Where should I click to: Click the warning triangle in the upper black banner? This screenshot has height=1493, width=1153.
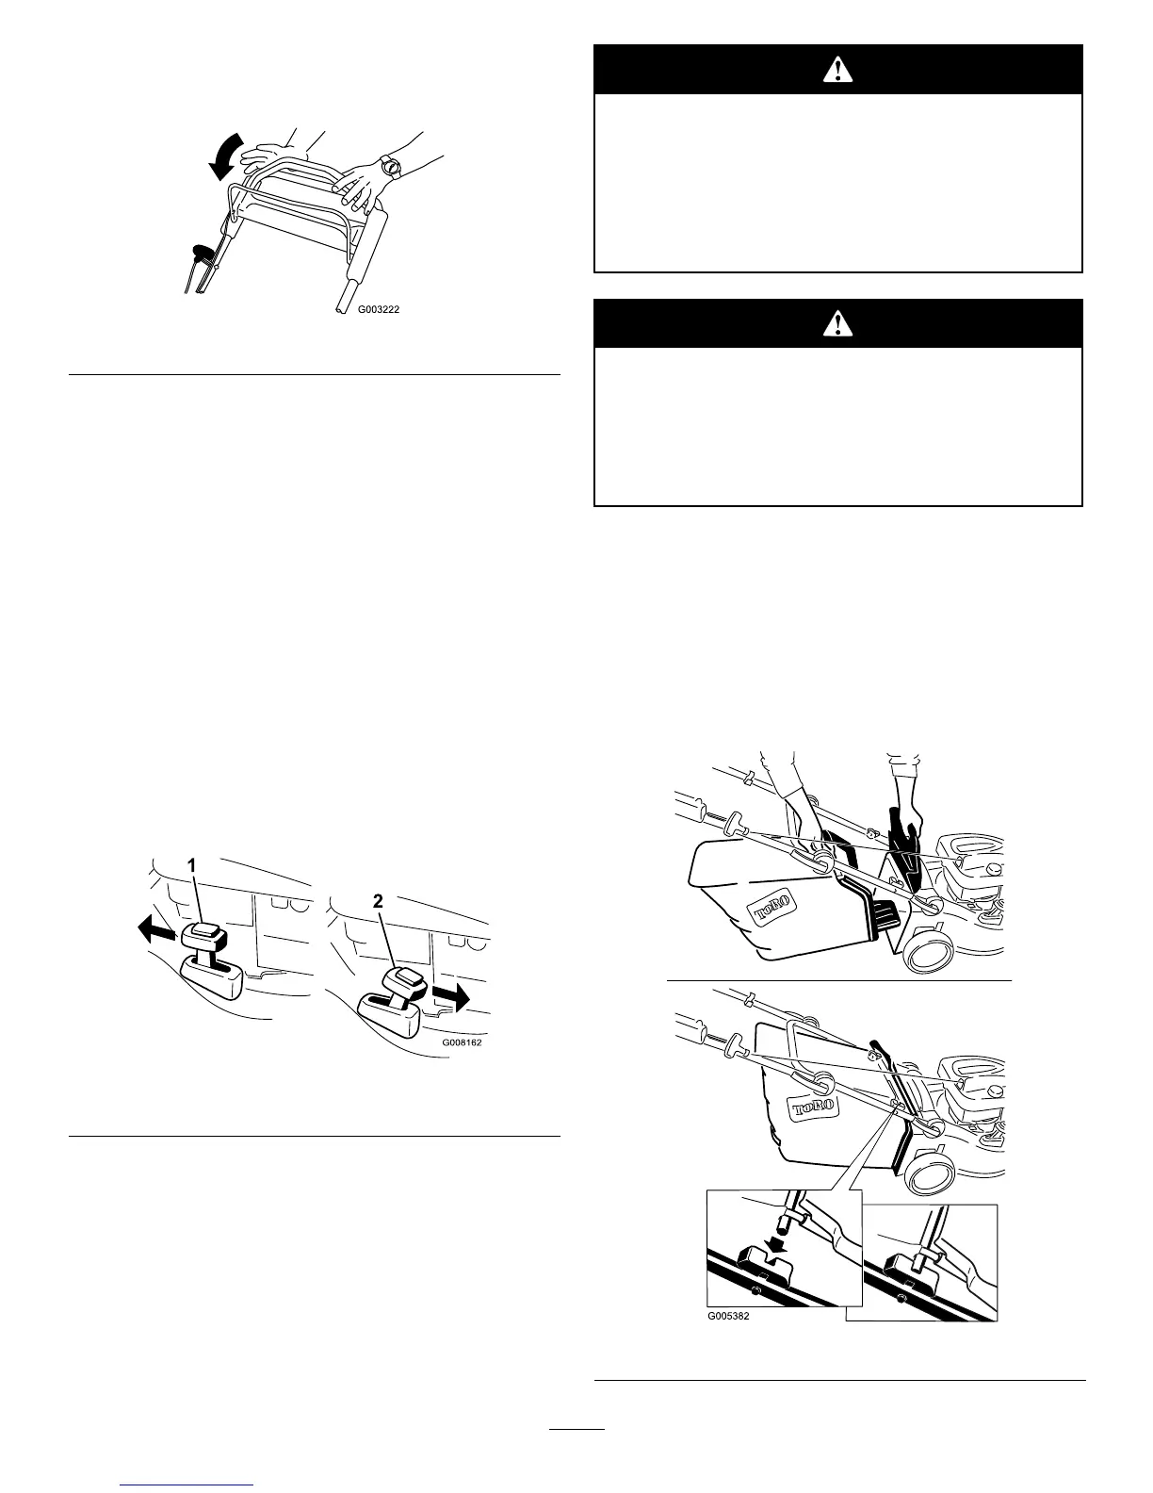[x=837, y=69]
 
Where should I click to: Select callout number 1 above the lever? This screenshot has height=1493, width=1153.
[x=190, y=864]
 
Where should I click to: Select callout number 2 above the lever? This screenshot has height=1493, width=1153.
[x=378, y=901]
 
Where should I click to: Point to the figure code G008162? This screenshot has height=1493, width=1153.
[x=467, y=1043]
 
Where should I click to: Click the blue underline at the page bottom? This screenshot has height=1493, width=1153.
[x=188, y=1485]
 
